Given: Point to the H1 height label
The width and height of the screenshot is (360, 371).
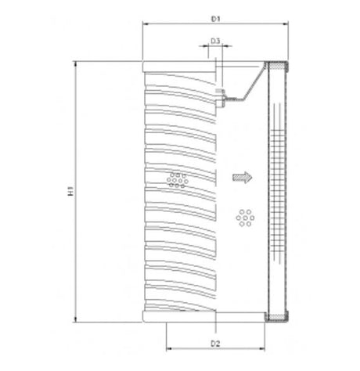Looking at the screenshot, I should click(x=70, y=191).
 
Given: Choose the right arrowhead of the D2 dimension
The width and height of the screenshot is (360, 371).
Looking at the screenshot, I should click(x=264, y=350).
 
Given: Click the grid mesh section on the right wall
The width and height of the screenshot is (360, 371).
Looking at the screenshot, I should click(x=277, y=188).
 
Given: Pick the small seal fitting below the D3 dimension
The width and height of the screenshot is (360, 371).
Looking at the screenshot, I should click(x=221, y=95).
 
